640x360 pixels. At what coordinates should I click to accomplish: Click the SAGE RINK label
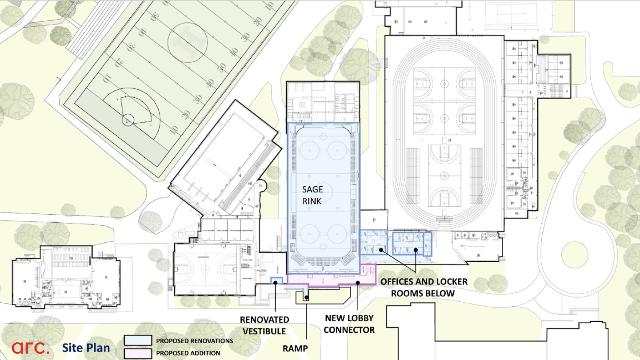[312, 195]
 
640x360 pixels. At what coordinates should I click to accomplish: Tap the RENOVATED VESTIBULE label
[264, 325]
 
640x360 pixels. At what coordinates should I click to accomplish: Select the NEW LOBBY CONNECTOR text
[349, 324]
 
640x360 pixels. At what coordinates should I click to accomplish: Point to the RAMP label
[295, 348]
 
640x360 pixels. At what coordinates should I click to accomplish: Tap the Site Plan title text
[86, 347]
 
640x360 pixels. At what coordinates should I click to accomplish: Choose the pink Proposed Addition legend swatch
[138, 353]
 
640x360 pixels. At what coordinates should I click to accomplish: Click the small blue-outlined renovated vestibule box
[277, 280]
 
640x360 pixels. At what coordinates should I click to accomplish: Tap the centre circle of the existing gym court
[206, 268]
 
